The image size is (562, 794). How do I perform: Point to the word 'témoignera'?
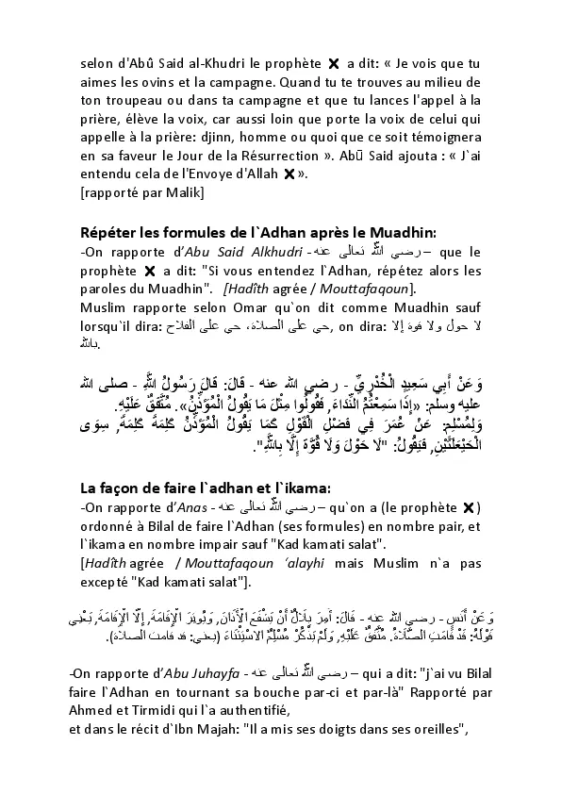pyautogui.click(x=445, y=136)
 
